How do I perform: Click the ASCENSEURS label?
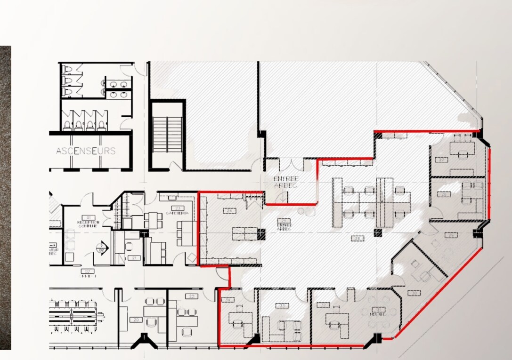click(x=86, y=151)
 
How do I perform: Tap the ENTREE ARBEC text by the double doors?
click(x=286, y=182)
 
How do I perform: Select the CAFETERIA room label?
click(x=177, y=211)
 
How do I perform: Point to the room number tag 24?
click(x=230, y=211)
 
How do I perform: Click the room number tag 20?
click(x=136, y=320)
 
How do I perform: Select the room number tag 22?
click(x=191, y=296)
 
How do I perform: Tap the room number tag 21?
click(x=134, y=258)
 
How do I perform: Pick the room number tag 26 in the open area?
click(x=358, y=239)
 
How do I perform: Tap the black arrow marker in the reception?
click(x=101, y=247)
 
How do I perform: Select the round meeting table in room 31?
click(x=377, y=315)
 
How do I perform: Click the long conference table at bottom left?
click(x=73, y=313)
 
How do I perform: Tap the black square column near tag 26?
click(x=377, y=232)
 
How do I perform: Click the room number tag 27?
click(x=441, y=160)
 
